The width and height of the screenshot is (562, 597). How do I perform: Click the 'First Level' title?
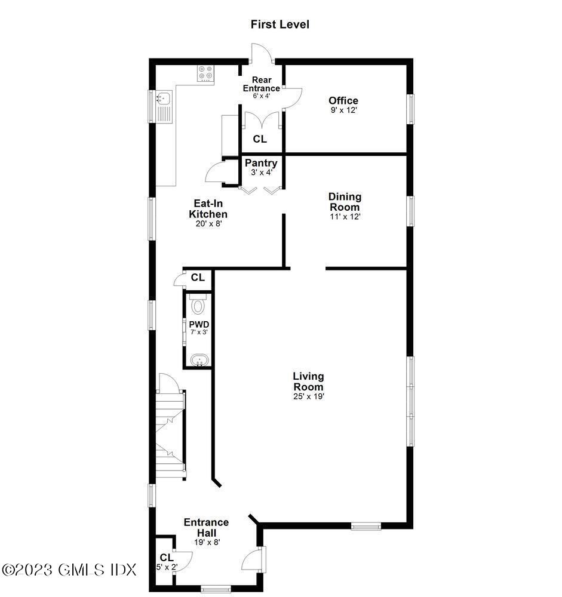pyautogui.click(x=280, y=24)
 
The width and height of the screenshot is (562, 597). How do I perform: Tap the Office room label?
pyautogui.click(x=343, y=100)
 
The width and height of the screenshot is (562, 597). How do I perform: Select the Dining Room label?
pyautogui.click(x=345, y=202)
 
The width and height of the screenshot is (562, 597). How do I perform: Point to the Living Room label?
pyautogui.click(x=308, y=381)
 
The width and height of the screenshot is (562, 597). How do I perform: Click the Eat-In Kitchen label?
pyautogui.click(x=208, y=209)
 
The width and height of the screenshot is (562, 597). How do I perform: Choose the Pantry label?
pyautogui.click(x=261, y=163)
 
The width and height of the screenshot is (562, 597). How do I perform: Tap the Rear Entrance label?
pyautogui.click(x=261, y=84)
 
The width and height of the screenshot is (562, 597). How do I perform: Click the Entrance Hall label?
pyautogui.click(x=206, y=527)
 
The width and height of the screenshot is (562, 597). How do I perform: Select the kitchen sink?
pyautogui.click(x=163, y=98)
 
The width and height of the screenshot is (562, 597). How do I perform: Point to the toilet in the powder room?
pyautogui.click(x=198, y=305)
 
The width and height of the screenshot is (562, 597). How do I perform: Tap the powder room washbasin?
pyautogui.click(x=198, y=360)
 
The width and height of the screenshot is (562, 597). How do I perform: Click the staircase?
pyautogui.click(x=170, y=433)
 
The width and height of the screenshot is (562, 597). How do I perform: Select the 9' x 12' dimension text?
pyautogui.click(x=343, y=110)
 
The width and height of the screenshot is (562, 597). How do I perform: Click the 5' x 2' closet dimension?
pyautogui.click(x=167, y=567)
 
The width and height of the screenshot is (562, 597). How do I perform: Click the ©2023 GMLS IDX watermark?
pyautogui.click(x=69, y=570)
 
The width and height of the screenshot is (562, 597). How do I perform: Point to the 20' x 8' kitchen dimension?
pyautogui.click(x=208, y=224)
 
